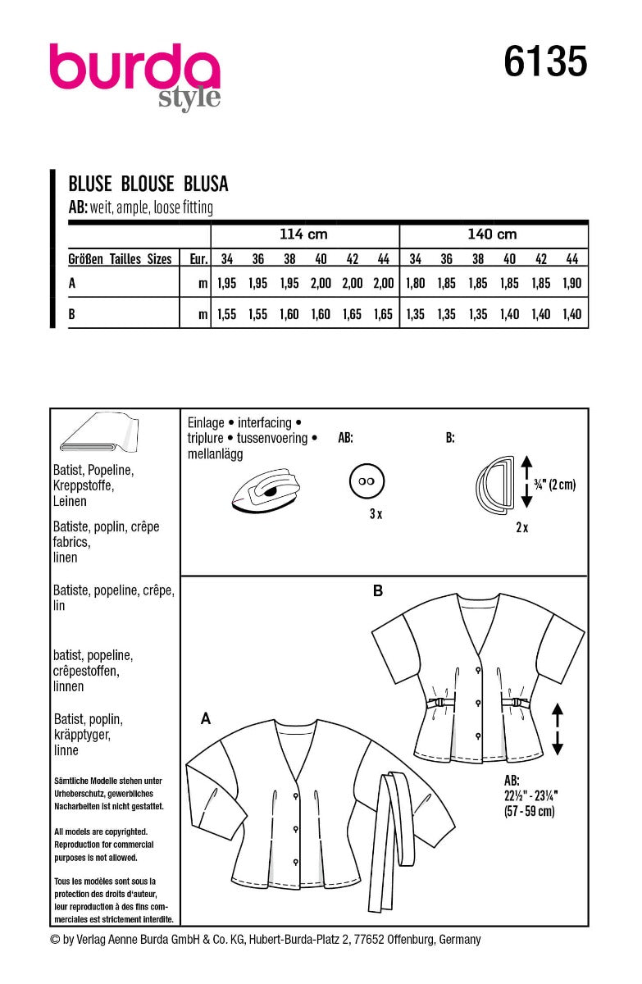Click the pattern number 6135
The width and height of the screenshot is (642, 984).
(x=544, y=62)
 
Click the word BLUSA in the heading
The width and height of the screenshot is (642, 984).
(x=205, y=184)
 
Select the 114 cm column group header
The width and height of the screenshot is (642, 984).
(x=303, y=235)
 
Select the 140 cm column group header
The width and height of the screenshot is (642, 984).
(x=492, y=235)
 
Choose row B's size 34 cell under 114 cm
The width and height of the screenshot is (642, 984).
(x=227, y=314)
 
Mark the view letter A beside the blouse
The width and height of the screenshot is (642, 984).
(x=207, y=718)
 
